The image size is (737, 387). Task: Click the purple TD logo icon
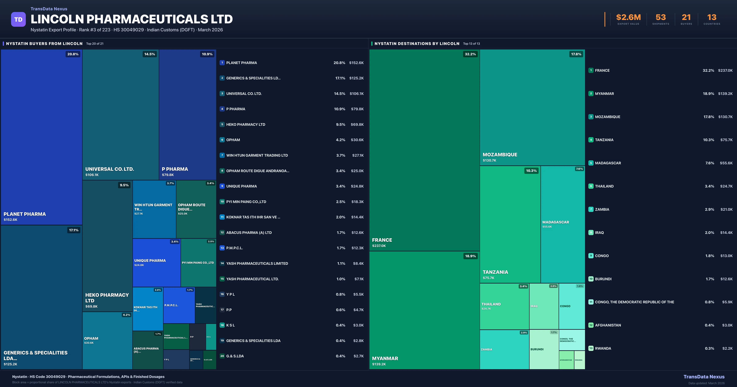coord(18,20)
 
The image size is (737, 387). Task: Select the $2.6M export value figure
coord(628,18)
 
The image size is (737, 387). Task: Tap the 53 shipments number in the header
coord(661,18)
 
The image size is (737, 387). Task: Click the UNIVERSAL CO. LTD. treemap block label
coord(110,169)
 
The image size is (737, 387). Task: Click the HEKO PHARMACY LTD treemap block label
coord(107,298)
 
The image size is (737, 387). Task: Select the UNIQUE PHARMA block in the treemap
coord(156,262)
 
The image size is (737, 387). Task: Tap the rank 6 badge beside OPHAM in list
coord(222,140)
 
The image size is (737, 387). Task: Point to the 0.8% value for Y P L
coord(340,294)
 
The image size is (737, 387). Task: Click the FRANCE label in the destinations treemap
coord(382,240)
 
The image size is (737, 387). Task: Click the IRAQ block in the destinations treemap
coord(544,306)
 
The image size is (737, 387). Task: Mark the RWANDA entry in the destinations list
coord(603,348)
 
